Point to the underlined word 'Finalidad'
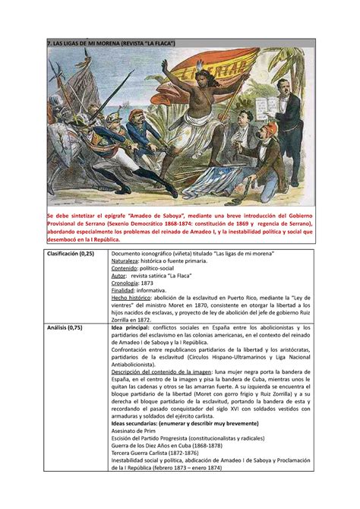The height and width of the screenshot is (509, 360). (125, 299)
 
